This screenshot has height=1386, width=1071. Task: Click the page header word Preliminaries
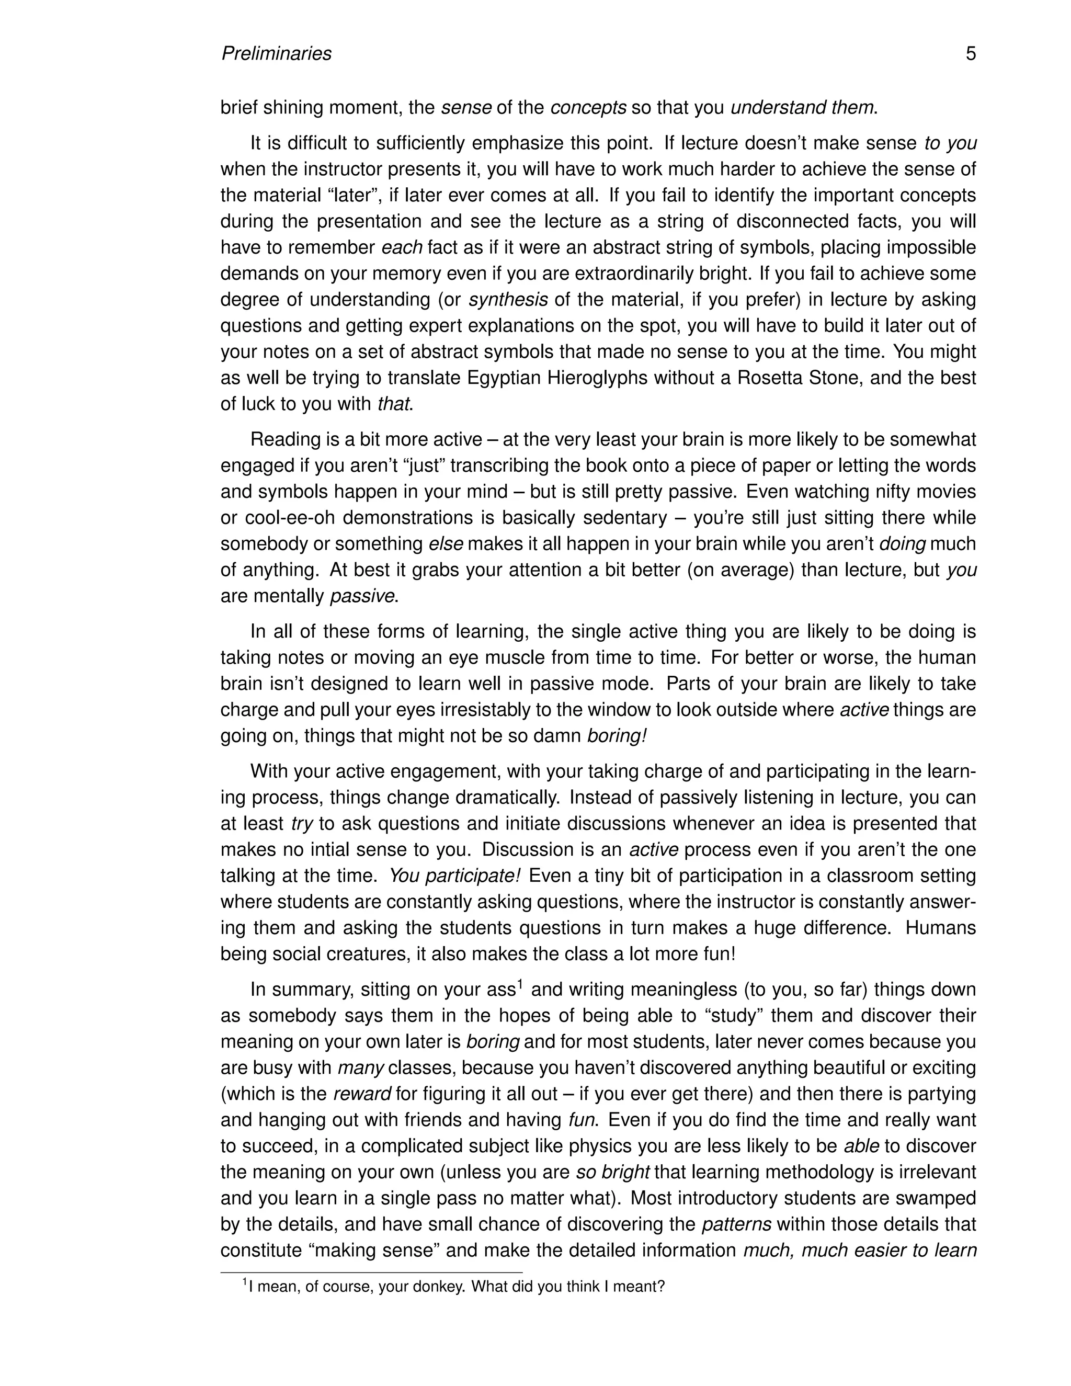point(276,53)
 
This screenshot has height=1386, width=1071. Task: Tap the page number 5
point(971,53)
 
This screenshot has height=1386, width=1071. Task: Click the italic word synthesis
point(508,300)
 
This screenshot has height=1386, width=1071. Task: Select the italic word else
point(446,544)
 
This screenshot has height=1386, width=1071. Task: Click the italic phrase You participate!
point(454,876)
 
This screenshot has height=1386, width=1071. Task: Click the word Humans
point(940,928)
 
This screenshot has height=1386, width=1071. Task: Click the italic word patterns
point(737,1224)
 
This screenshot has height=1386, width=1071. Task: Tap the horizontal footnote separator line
point(371,1273)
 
